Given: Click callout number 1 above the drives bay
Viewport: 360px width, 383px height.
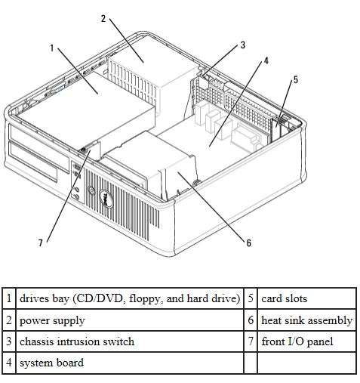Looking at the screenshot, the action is (52, 48).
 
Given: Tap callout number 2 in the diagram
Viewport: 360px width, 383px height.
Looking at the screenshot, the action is (103, 18).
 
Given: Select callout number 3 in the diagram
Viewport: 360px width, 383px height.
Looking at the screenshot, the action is (243, 45).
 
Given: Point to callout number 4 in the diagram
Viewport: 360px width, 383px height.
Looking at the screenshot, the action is (266, 60).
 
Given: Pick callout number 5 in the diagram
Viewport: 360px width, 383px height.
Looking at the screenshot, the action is (296, 79).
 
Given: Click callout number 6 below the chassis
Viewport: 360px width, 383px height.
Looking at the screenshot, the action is (248, 242).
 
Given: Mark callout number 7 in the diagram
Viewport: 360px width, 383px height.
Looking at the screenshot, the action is (41, 242).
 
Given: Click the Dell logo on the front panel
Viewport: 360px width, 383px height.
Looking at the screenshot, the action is (106, 198).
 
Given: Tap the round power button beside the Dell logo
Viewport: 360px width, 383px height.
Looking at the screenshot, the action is (91, 190).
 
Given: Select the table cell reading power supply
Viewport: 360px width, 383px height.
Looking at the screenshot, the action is (130, 320).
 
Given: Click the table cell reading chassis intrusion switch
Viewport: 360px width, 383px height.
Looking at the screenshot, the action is (130, 341).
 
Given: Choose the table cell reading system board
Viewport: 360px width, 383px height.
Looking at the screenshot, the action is (130, 363).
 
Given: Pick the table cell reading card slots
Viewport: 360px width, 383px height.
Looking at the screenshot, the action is (306, 298).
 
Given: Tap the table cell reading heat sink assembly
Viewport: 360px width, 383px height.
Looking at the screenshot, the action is (306, 320).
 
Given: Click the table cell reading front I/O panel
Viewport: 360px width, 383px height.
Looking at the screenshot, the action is (306, 341).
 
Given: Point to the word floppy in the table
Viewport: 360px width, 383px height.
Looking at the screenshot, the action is (146, 299).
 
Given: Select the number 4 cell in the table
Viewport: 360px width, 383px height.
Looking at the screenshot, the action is (9, 363).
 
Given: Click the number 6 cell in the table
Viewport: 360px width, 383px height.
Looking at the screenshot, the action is (251, 320).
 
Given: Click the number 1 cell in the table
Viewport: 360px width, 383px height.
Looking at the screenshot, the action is (9, 298).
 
